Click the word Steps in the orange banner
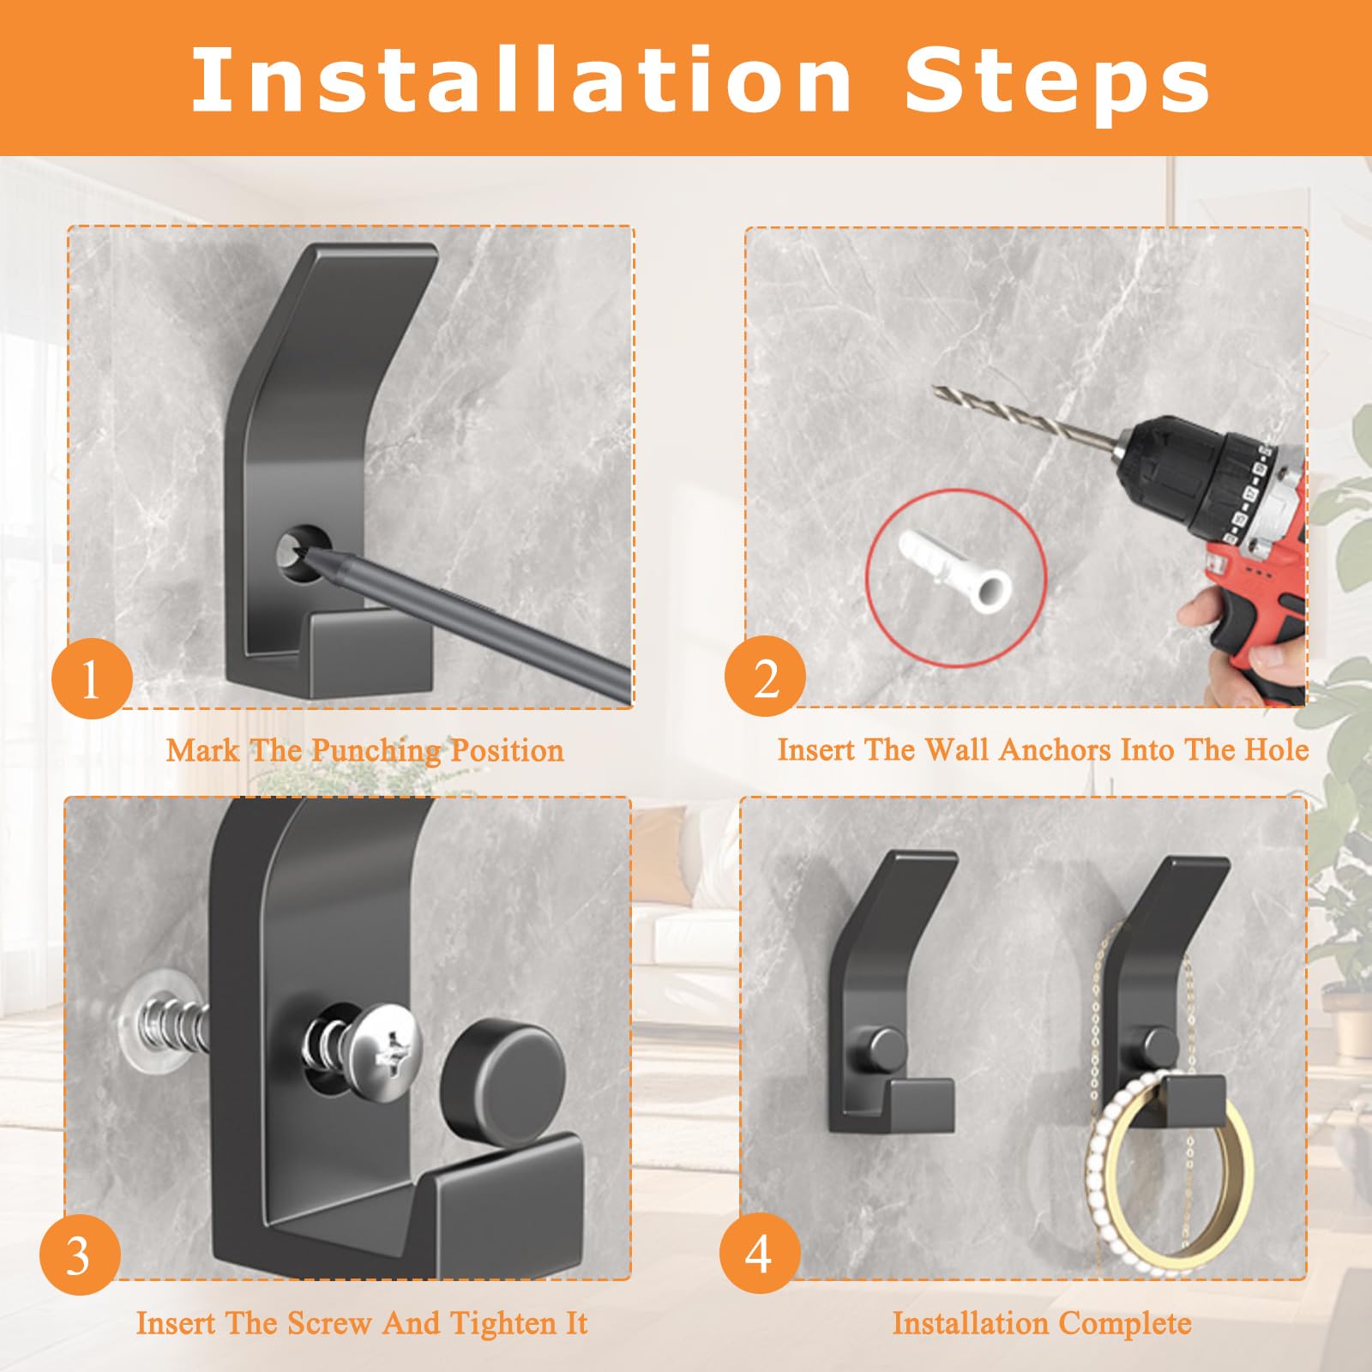[1057, 81]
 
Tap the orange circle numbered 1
[92, 680]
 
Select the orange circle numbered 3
[79, 1256]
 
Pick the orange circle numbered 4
[759, 1254]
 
